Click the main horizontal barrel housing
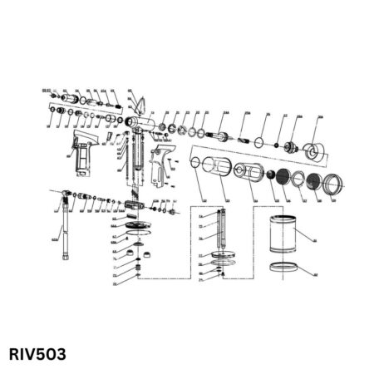tap(146, 124)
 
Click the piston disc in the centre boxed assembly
tap(221, 255)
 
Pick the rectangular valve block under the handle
tap(136, 204)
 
